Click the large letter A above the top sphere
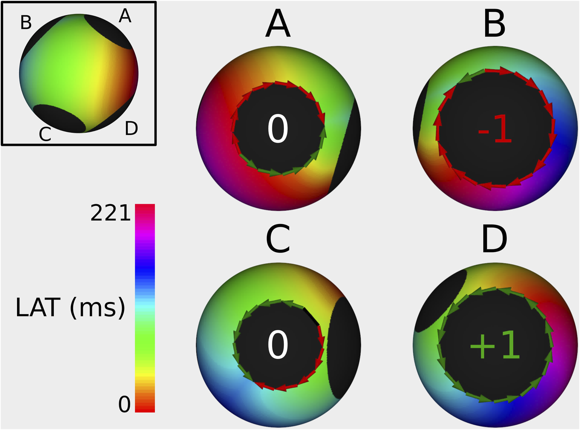point(278,24)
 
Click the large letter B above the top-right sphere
point(494,24)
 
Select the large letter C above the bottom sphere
point(278,239)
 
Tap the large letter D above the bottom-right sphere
point(494,239)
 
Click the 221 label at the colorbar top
point(111,213)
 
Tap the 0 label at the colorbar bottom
point(124,404)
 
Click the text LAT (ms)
point(70,307)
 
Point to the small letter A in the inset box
point(125,16)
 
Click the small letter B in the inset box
point(26,23)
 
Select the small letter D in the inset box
point(131,129)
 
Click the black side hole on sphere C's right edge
point(344,347)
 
